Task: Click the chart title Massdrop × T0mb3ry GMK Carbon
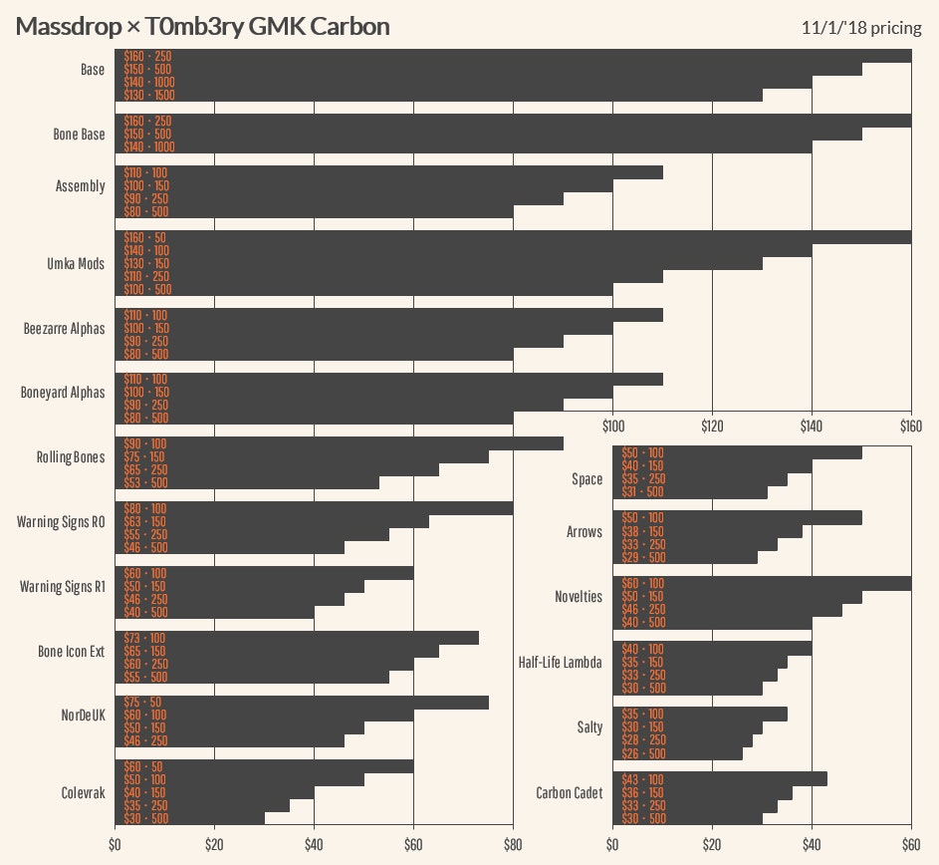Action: (202, 27)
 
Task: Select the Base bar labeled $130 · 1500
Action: (438, 95)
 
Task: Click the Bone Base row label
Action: (79, 135)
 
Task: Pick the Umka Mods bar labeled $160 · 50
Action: (513, 237)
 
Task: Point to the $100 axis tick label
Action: (612, 427)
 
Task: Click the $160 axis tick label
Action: (911, 427)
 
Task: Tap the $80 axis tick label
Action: (513, 846)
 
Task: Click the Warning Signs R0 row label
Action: (61, 521)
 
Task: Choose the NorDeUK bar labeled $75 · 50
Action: (302, 703)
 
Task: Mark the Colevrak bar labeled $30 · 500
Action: (189, 818)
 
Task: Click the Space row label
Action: (587, 479)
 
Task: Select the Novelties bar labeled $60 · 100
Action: (762, 583)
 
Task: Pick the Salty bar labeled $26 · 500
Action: (677, 753)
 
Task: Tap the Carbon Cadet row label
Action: (570, 793)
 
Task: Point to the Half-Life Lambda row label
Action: (561, 662)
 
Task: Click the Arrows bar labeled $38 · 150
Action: (707, 531)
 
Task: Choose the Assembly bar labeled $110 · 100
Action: (388, 172)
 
